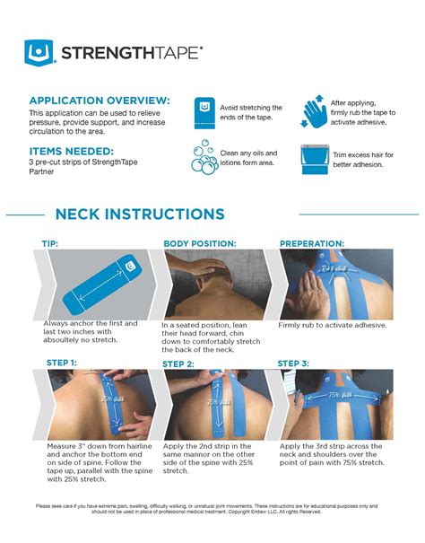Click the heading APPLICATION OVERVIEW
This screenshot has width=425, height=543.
tap(99, 99)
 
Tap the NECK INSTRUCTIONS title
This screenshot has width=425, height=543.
tap(140, 215)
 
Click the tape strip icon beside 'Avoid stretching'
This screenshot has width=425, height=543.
tap(205, 112)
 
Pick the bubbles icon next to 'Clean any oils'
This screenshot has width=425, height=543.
tap(205, 158)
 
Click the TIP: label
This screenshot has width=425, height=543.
tap(50, 243)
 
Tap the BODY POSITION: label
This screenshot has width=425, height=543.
tap(199, 243)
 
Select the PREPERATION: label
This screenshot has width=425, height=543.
tap(311, 243)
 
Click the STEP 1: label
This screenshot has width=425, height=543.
tap(62, 363)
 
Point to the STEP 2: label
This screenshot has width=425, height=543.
tap(178, 363)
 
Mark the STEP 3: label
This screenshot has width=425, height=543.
tap(293, 363)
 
